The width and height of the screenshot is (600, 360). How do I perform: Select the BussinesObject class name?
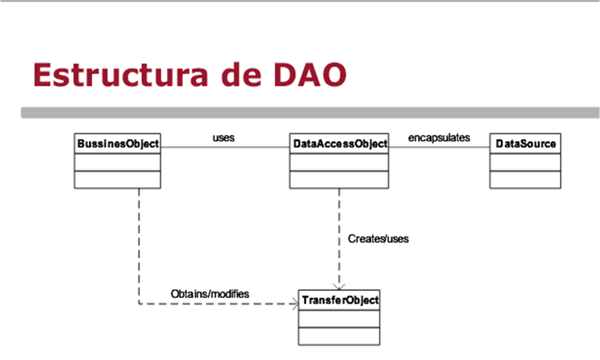pos(117,144)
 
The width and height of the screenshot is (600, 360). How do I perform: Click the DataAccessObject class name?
pos(339,144)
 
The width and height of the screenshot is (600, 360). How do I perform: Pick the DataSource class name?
pos(525,144)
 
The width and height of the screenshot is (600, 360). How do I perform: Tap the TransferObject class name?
pos(339,300)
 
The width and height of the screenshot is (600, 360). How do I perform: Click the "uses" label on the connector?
pos(223,137)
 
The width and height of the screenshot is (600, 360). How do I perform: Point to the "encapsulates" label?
pos(439,137)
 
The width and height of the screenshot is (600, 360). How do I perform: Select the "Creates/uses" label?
pos(378,239)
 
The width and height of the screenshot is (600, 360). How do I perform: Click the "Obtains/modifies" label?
pos(210,294)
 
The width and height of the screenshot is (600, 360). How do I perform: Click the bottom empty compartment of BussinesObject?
pos(117,180)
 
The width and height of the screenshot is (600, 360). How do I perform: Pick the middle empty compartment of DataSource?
pos(525,162)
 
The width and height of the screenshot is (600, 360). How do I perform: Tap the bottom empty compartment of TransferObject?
pos(339,336)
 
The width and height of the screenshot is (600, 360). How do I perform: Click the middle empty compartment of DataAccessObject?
pos(339,162)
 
